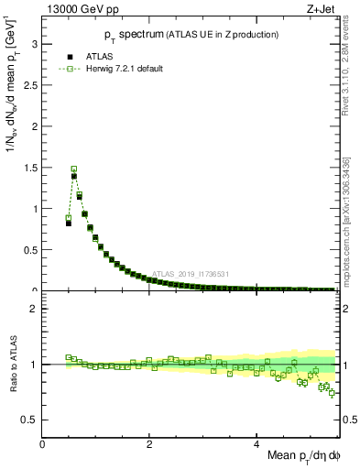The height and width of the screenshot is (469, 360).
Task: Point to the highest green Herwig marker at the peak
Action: pos(74,169)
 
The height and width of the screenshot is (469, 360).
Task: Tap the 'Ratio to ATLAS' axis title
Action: pos(12,365)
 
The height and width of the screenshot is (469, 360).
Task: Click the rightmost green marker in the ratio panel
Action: pos(332,393)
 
